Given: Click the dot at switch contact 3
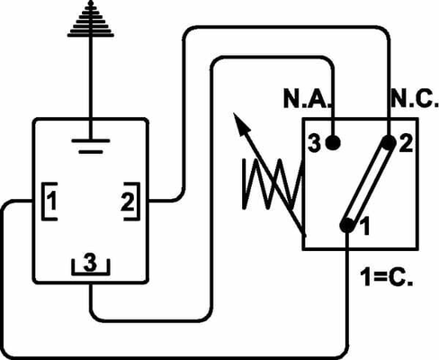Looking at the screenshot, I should pos(334,142).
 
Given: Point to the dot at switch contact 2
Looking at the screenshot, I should pos(390,142).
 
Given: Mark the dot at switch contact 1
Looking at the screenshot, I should pos(348,225).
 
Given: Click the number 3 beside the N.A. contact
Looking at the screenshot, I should pos(315,143).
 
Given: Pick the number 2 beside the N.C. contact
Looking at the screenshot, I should pos(407,143).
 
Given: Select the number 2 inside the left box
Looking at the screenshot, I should pos(127,202).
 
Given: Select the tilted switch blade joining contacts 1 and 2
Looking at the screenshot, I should pos(369,184).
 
